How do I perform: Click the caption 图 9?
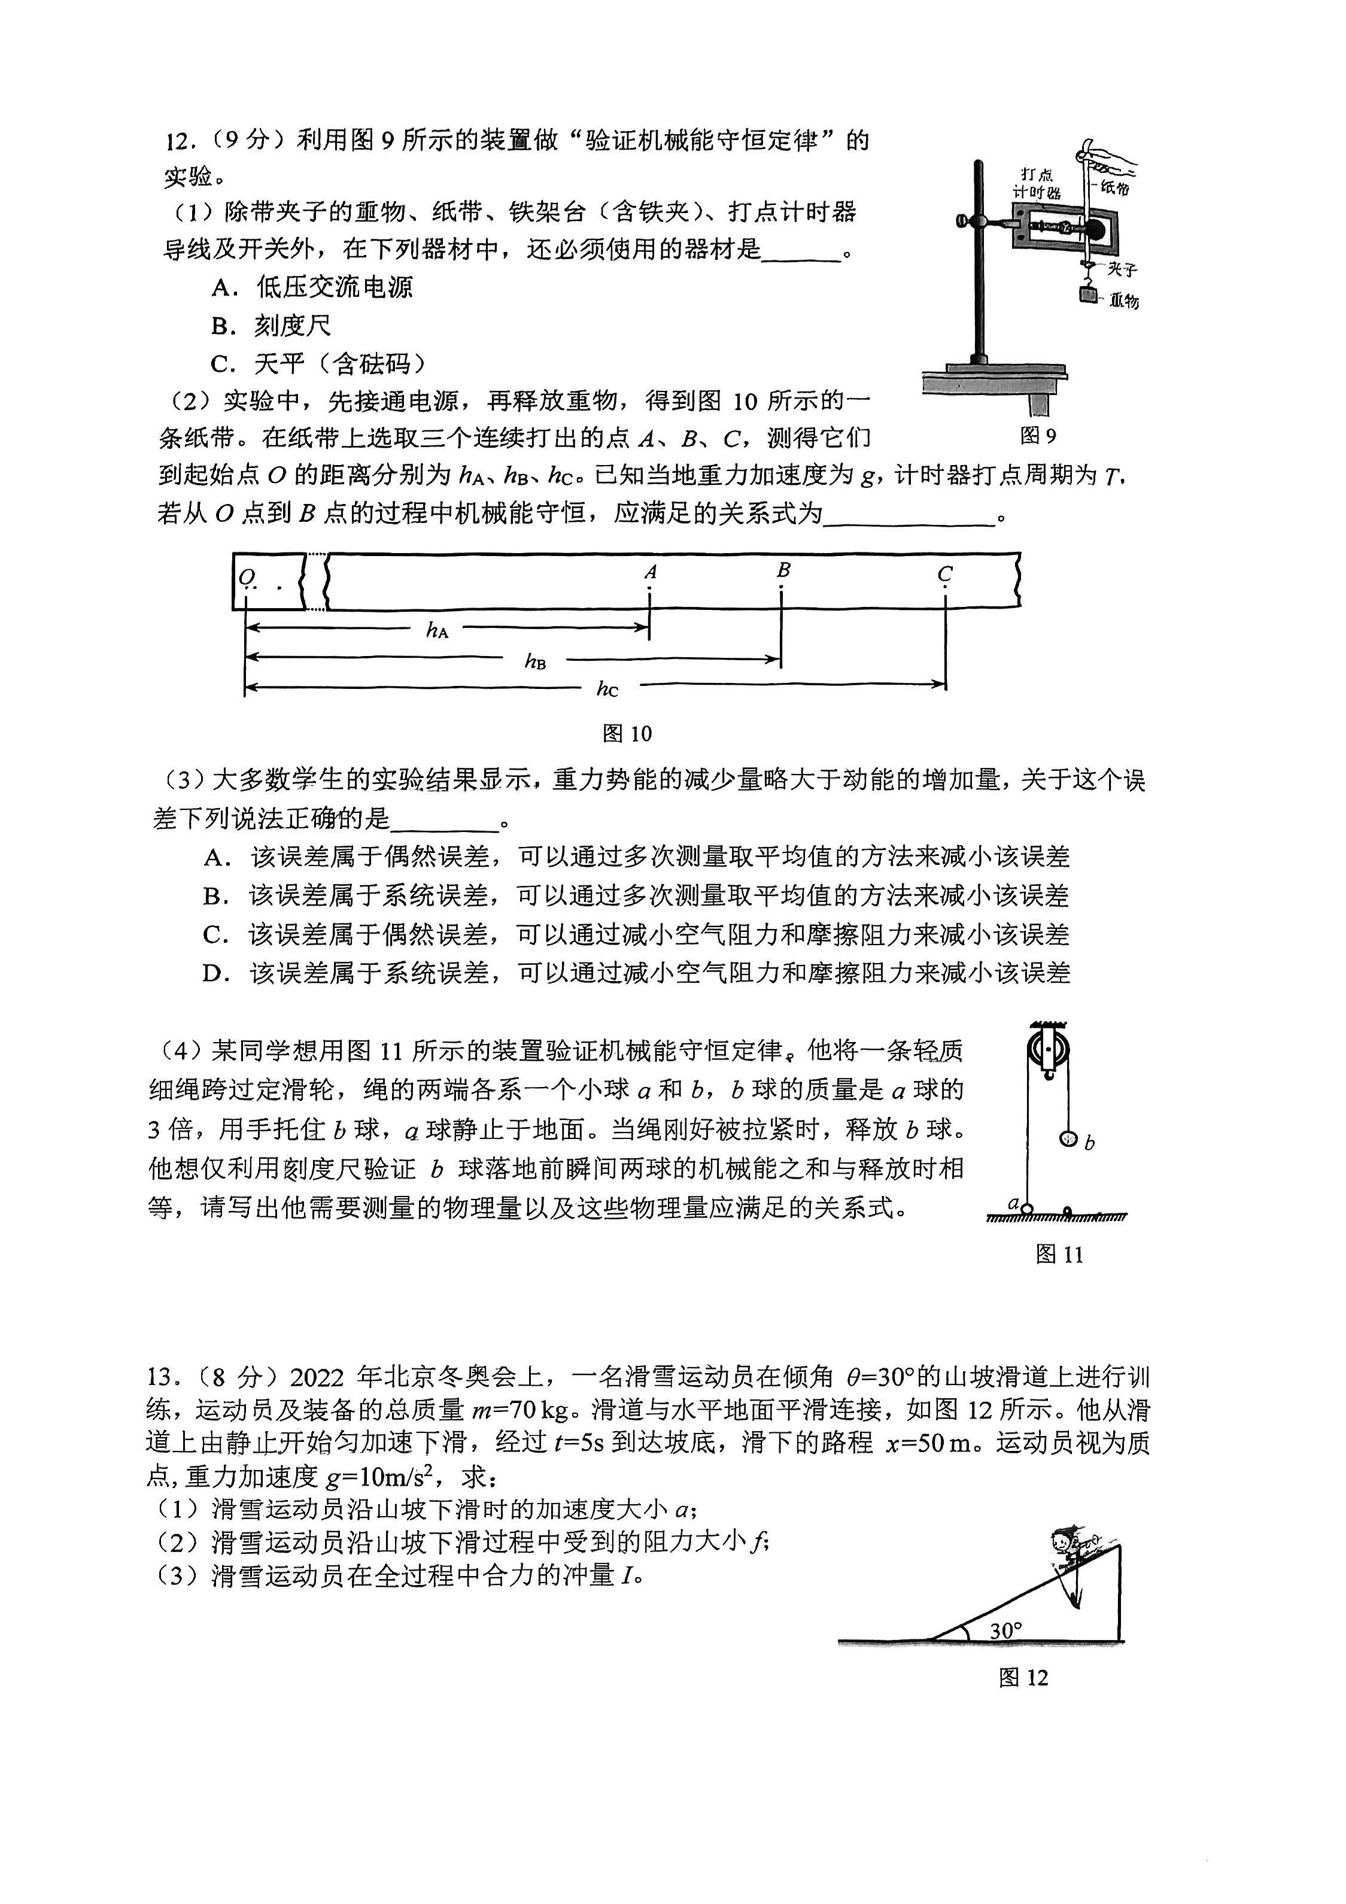[x=1038, y=435]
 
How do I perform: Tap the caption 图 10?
[x=627, y=733]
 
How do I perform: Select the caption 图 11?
[x=1059, y=1254]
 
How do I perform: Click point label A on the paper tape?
[x=650, y=572]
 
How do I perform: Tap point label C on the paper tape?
[x=944, y=573]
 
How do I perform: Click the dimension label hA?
[x=437, y=630]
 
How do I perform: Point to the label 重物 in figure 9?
[x=1125, y=301]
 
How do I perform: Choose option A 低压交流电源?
[x=312, y=287]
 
